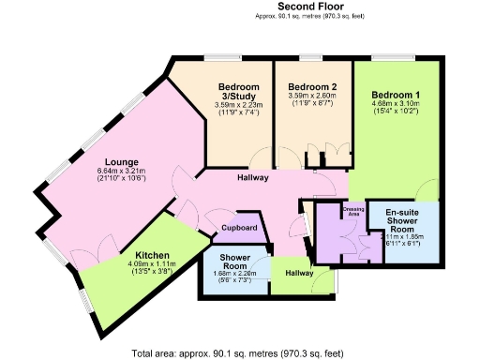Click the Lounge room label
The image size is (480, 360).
pos(122,160)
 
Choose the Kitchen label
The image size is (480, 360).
pos(152,255)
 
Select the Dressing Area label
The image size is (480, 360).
pos(353,212)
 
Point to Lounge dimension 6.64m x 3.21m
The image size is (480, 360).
pos(122,171)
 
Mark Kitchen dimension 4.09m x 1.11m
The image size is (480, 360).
pos(152,265)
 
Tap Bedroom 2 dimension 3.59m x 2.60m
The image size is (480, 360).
pos(310,105)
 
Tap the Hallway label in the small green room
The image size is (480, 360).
pos(300,273)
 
